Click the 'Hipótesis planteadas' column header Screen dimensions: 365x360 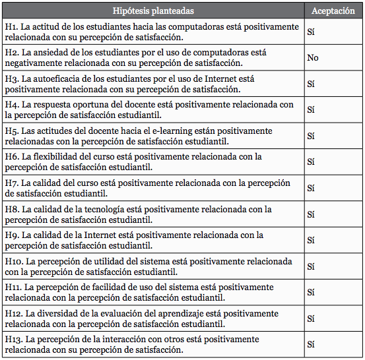click(153, 11)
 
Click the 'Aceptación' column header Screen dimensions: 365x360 click(333, 11)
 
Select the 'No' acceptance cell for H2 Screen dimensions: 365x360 click(313, 58)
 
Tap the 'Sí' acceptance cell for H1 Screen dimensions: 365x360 click(311, 32)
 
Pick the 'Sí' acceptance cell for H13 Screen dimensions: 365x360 click(311, 345)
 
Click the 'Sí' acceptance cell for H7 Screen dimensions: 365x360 click(311, 188)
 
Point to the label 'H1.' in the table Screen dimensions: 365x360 click(11, 26)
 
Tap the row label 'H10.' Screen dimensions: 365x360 click(14, 261)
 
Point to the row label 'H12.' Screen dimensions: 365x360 click(14, 313)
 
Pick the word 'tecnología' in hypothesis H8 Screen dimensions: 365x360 click(108, 209)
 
